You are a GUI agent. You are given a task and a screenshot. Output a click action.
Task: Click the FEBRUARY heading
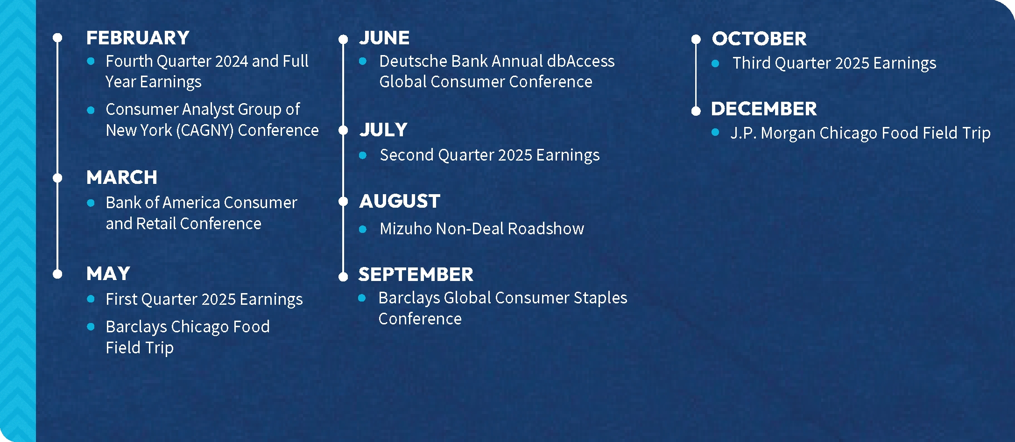pos(138,38)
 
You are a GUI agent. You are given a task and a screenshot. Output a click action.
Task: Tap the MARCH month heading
pos(122,177)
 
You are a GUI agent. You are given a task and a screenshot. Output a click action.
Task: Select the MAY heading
pos(108,274)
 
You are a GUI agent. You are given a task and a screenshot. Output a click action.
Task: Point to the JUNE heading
pos(384,38)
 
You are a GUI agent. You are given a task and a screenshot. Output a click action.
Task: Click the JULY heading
pos(383,130)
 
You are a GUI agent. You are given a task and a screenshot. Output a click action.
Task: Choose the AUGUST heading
pos(400,201)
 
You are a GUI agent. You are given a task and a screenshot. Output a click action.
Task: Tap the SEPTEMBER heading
pos(416,274)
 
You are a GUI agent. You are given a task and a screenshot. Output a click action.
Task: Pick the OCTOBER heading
pos(759,39)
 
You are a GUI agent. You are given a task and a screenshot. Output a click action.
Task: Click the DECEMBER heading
pos(764,109)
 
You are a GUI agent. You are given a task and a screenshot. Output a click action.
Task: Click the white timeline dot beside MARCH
pos(57,178)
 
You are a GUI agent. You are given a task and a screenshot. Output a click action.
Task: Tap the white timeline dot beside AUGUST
pos(343,201)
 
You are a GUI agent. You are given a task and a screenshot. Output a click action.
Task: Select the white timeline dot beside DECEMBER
pos(696,111)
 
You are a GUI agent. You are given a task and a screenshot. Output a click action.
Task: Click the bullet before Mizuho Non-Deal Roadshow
pos(363,229)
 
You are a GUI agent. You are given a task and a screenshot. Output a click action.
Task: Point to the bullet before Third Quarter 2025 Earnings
pos(715,63)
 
